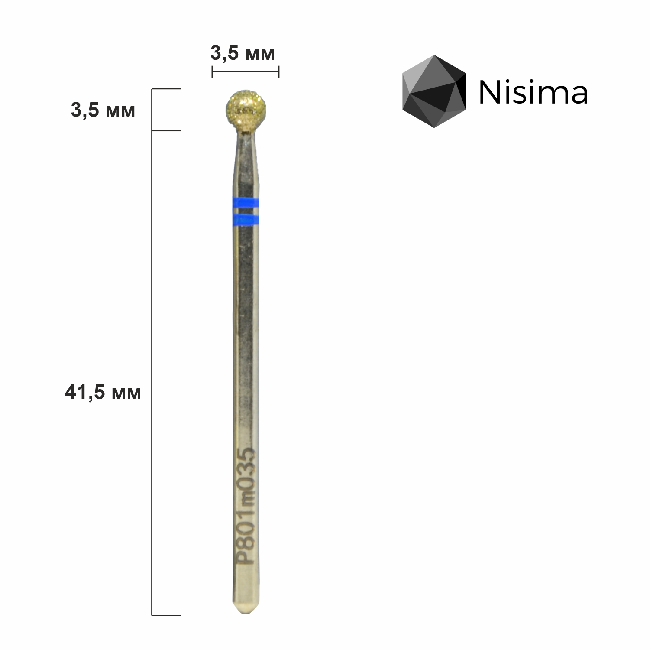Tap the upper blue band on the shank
pos(245,203)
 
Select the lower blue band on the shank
pos(245,220)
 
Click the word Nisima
pos(533,92)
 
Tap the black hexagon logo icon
pos(434,91)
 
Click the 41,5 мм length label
pos(103,393)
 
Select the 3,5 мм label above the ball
pos(243,54)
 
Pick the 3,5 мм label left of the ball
pos(103,110)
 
